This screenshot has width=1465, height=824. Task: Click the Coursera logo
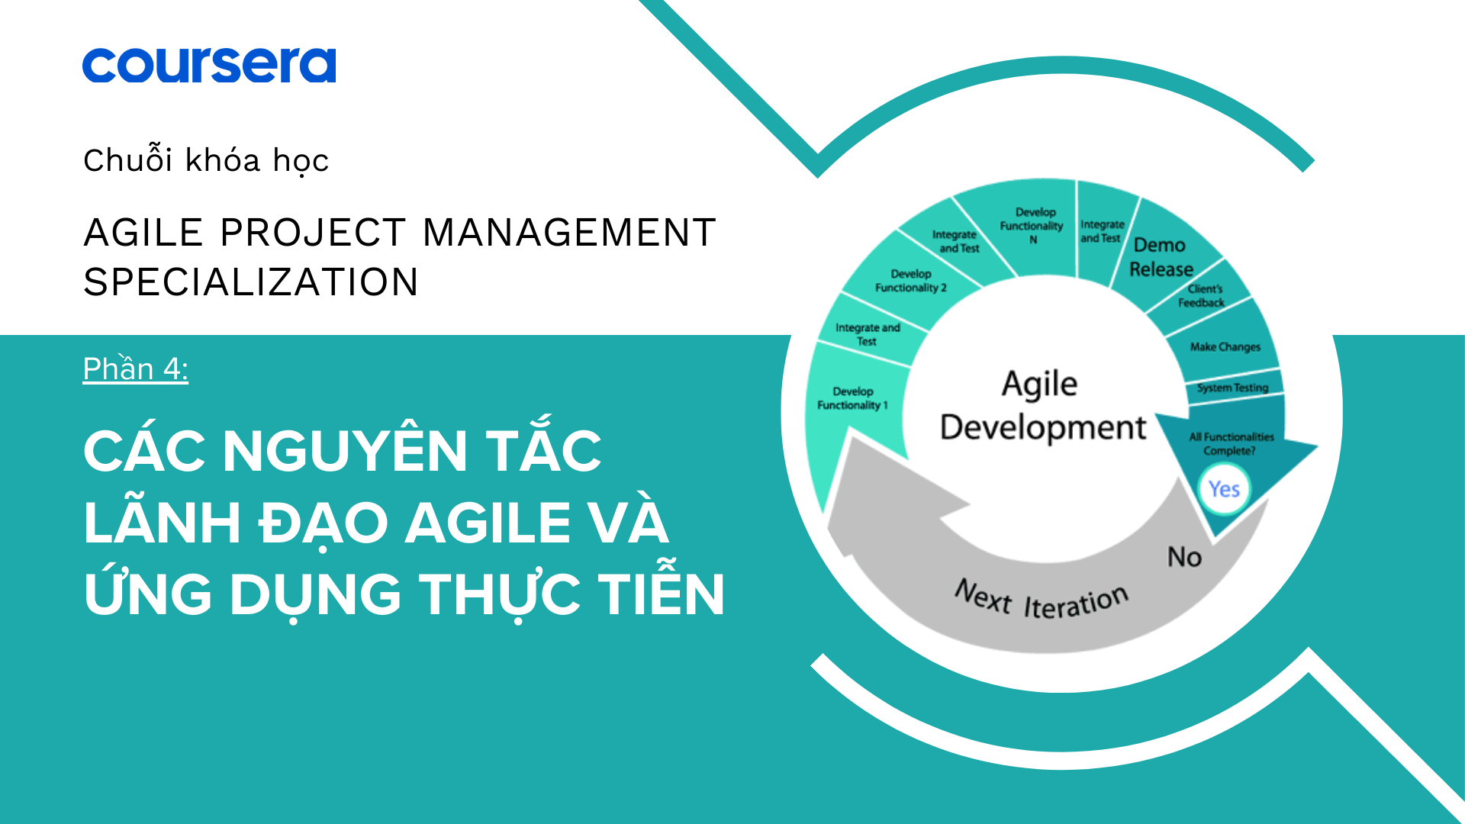click(x=209, y=66)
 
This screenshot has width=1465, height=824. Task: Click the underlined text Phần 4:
click(x=136, y=369)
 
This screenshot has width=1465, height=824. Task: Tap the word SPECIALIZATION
click(x=251, y=282)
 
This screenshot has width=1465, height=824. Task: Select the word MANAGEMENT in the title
click(x=569, y=233)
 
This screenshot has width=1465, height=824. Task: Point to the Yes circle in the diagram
click(x=1224, y=489)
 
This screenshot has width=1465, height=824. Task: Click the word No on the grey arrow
click(x=1184, y=557)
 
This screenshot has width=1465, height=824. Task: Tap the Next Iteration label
click(x=1042, y=600)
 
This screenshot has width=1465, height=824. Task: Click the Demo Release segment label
click(x=1161, y=257)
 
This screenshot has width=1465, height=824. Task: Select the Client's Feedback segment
click(x=1203, y=296)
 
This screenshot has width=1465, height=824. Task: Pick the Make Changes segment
click(x=1225, y=347)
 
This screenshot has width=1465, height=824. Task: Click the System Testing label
click(x=1232, y=388)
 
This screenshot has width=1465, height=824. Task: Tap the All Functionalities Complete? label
click(x=1231, y=444)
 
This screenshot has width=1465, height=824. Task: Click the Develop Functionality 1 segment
click(x=852, y=398)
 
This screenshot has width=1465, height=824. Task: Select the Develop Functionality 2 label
click(x=911, y=281)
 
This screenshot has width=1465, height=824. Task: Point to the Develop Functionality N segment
click(x=1032, y=226)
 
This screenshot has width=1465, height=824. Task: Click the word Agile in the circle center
click(x=1039, y=384)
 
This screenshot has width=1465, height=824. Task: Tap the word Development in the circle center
click(x=1043, y=428)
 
